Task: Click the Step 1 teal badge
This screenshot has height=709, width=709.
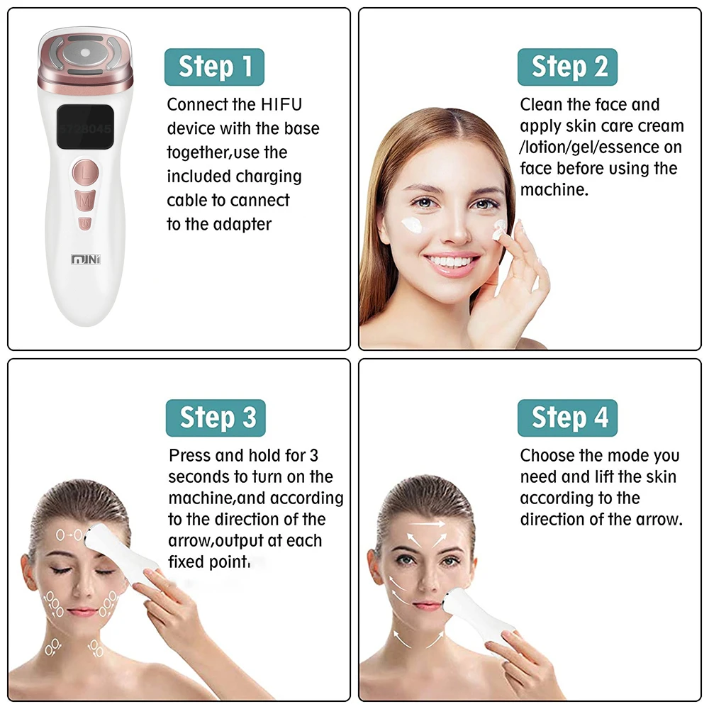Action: point(214,67)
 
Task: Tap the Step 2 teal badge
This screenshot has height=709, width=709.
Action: point(567,67)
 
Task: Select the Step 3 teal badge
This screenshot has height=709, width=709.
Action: point(216,418)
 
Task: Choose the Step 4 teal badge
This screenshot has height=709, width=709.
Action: point(567,418)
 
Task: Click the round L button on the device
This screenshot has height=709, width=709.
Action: point(86,172)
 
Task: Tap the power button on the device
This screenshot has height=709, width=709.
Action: point(85,223)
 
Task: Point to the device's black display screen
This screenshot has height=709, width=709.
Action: point(84,127)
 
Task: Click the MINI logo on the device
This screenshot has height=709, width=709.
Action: point(86,259)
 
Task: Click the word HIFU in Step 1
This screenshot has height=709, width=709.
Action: point(281,104)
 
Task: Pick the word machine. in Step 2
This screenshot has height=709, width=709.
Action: point(554,190)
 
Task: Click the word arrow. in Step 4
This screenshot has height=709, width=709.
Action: point(659,520)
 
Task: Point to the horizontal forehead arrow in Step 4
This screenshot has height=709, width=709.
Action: point(427,524)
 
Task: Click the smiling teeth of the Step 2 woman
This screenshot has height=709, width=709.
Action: point(451,262)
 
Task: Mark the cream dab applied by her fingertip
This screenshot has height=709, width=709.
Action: point(499,229)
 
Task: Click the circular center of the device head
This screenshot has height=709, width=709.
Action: point(85,53)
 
